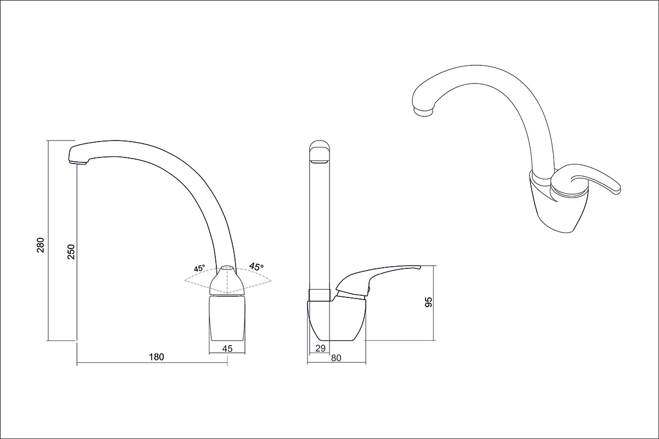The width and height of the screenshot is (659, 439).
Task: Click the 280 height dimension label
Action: coord(40,245)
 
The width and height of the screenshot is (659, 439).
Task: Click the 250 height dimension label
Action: coord(71,252)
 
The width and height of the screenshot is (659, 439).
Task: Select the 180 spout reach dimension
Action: coord(157,357)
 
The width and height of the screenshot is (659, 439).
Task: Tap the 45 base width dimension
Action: coord(227,348)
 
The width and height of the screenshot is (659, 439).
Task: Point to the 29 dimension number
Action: coord(320,348)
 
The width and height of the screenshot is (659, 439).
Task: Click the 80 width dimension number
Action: coord(336,358)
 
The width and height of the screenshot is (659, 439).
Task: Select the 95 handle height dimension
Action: coord(429,302)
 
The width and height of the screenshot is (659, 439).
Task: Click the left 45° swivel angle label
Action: coord(199,268)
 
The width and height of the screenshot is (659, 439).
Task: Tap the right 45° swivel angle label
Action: coord(256,266)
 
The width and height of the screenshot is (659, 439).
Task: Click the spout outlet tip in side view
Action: coord(77,162)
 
